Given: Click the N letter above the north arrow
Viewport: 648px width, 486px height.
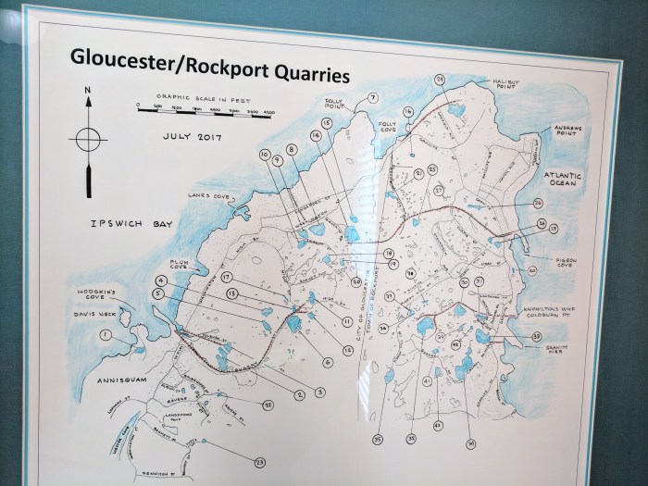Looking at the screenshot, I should click(x=86, y=91).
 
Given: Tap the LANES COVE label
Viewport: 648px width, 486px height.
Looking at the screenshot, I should click(x=209, y=195).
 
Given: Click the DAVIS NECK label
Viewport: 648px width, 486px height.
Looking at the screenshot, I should click(x=95, y=311).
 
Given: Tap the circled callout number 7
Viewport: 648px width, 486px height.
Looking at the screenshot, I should click(x=374, y=98).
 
